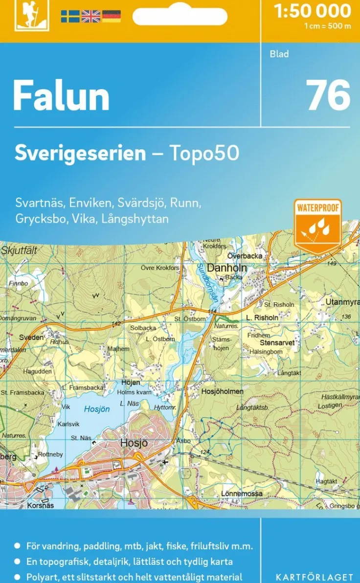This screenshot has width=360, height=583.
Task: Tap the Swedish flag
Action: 70,17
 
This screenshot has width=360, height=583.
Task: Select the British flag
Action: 90,17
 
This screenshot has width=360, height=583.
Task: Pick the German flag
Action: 111,17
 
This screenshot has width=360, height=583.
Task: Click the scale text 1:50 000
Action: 313,11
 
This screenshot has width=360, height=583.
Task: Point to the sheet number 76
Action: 328,95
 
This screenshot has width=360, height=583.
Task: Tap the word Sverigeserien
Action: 80,153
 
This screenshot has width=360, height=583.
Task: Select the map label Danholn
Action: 227,268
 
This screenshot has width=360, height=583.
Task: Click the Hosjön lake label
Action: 97,409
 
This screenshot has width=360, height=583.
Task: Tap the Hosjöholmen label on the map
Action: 223,392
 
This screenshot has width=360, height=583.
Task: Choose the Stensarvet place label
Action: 277,343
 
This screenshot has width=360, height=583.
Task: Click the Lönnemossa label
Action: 242,493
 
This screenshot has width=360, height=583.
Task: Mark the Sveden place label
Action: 31,337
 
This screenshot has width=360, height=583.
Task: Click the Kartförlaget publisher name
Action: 314,578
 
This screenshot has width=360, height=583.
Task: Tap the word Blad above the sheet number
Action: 279,54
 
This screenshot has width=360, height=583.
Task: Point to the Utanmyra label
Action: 342,302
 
